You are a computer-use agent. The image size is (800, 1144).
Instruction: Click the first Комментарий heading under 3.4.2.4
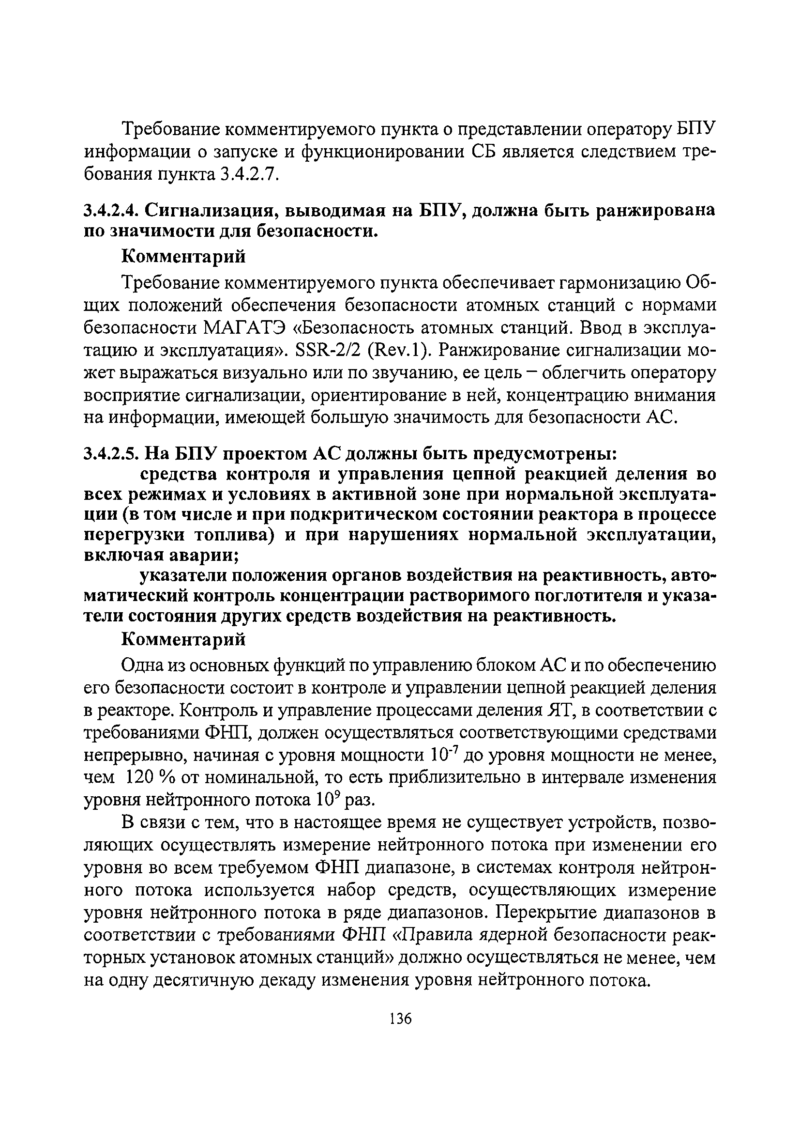tap(184, 257)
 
